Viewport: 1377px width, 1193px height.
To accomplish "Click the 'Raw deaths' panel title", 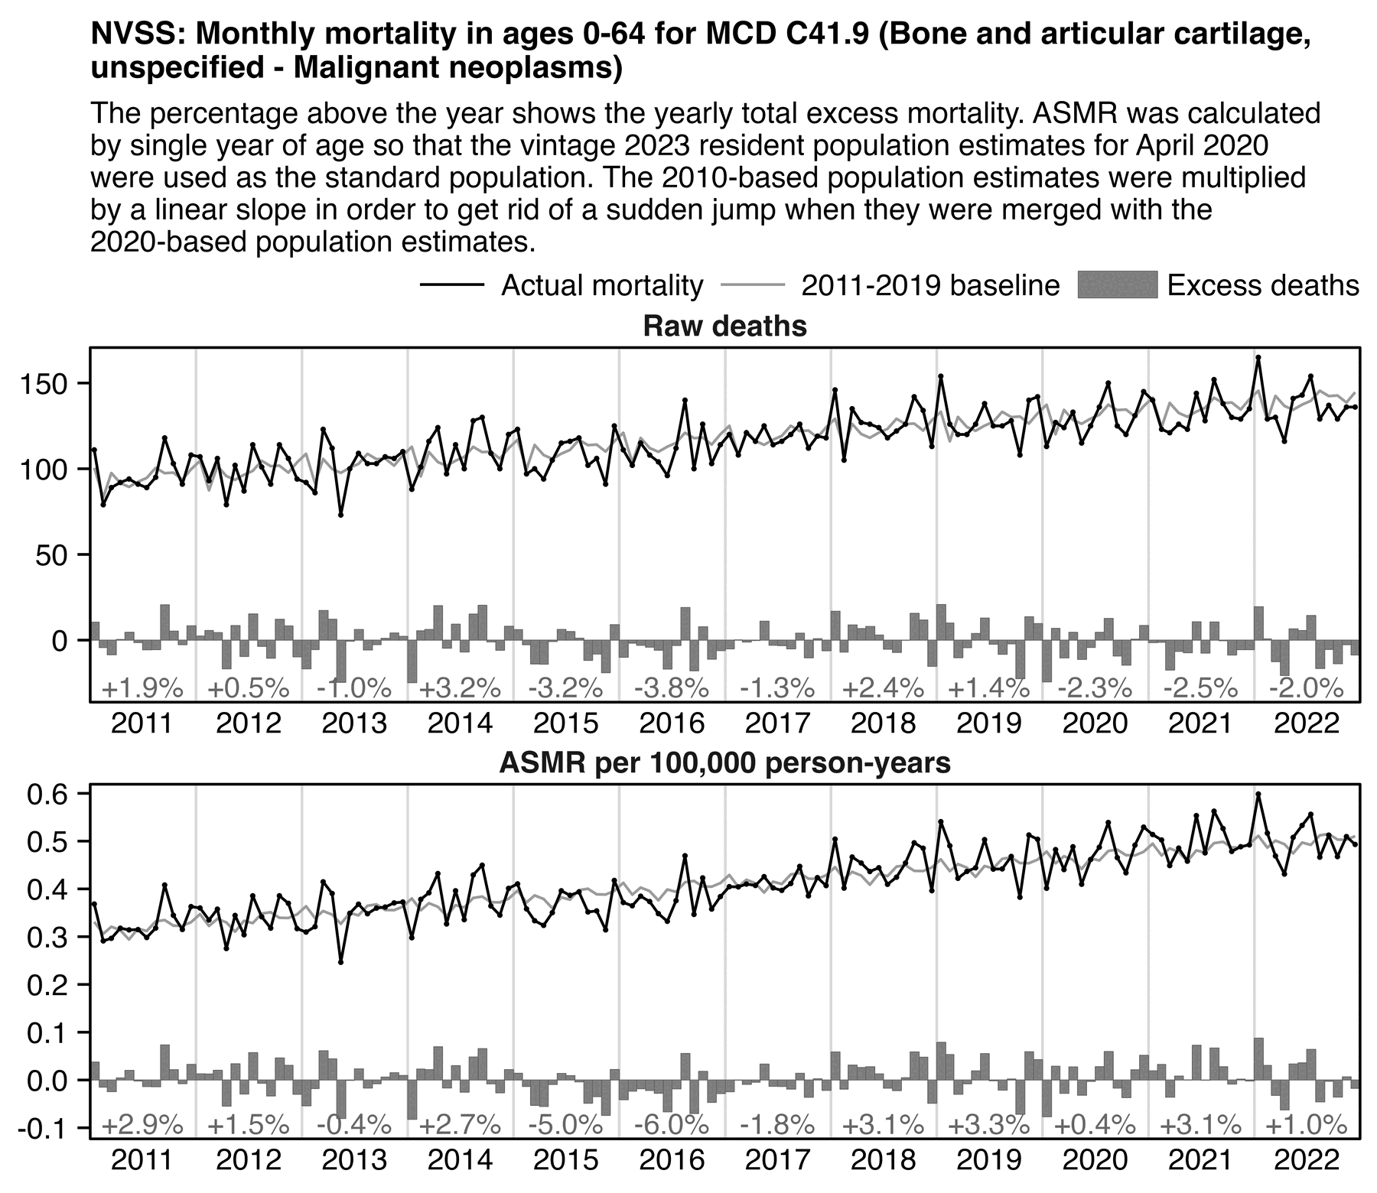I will (x=724, y=327).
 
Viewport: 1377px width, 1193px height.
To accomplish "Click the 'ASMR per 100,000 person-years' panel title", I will (x=724, y=763).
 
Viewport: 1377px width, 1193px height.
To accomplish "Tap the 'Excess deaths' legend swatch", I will (x=1117, y=285).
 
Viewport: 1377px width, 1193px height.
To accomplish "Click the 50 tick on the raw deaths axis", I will (x=62, y=554).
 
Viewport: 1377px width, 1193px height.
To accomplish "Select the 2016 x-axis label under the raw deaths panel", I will (x=672, y=723).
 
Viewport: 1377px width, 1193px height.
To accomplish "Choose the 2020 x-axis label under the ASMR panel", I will (x=1095, y=1160).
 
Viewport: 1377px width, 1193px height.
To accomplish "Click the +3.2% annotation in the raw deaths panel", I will (x=460, y=688).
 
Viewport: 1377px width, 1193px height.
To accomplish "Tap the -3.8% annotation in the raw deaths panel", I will (x=672, y=688).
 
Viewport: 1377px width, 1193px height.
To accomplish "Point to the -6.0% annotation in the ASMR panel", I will (x=672, y=1125).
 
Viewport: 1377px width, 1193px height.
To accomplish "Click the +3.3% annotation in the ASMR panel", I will (x=988, y=1125).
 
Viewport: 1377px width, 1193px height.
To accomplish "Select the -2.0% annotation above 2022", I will (x=1306, y=688).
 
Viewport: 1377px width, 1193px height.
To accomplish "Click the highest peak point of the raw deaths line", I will (x=1258, y=357).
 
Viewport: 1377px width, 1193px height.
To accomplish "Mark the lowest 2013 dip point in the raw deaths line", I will (x=341, y=515).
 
